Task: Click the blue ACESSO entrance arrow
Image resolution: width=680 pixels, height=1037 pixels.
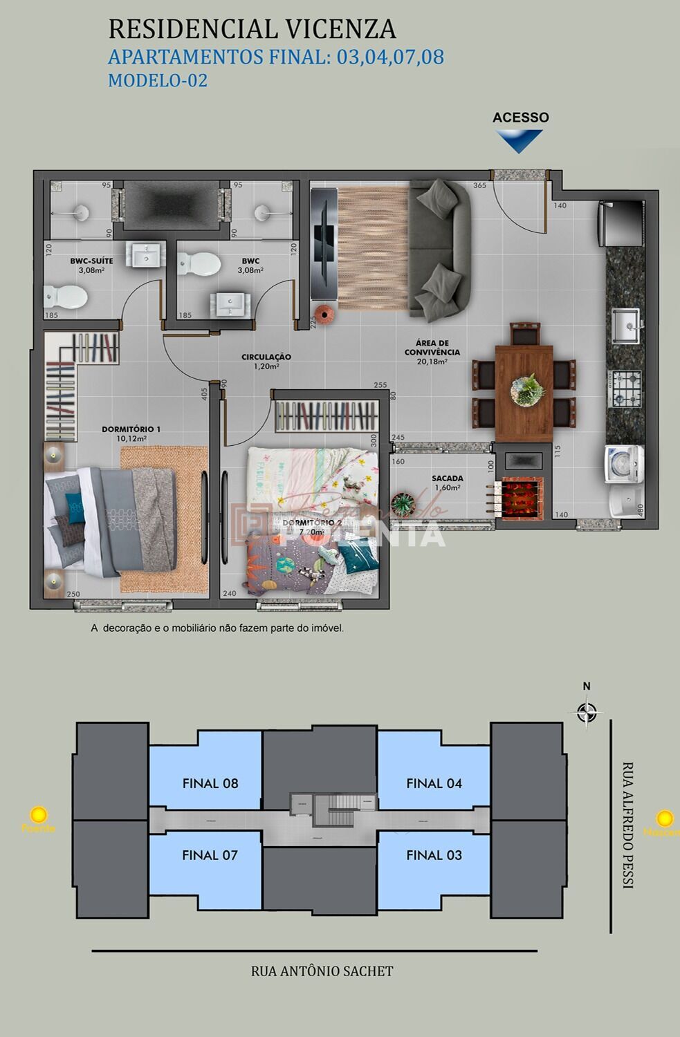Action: [x=519, y=140]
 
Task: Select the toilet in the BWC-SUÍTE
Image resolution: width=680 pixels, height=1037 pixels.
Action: [x=66, y=298]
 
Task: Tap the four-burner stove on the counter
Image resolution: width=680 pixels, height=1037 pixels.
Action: [x=625, y=389]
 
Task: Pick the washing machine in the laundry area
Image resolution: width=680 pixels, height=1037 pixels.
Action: [x=624, y=464]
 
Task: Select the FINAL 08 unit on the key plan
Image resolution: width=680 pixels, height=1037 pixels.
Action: [x=210, y=783]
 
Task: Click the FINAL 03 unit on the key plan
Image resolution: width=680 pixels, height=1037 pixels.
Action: [x=434, y=855]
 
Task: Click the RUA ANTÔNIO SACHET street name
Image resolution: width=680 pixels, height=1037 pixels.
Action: [x=322, y=971]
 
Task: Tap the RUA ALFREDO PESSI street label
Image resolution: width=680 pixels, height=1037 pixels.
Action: [x=627, y=825]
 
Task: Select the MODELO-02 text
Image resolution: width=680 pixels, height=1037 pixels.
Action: [x=158, y=80]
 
